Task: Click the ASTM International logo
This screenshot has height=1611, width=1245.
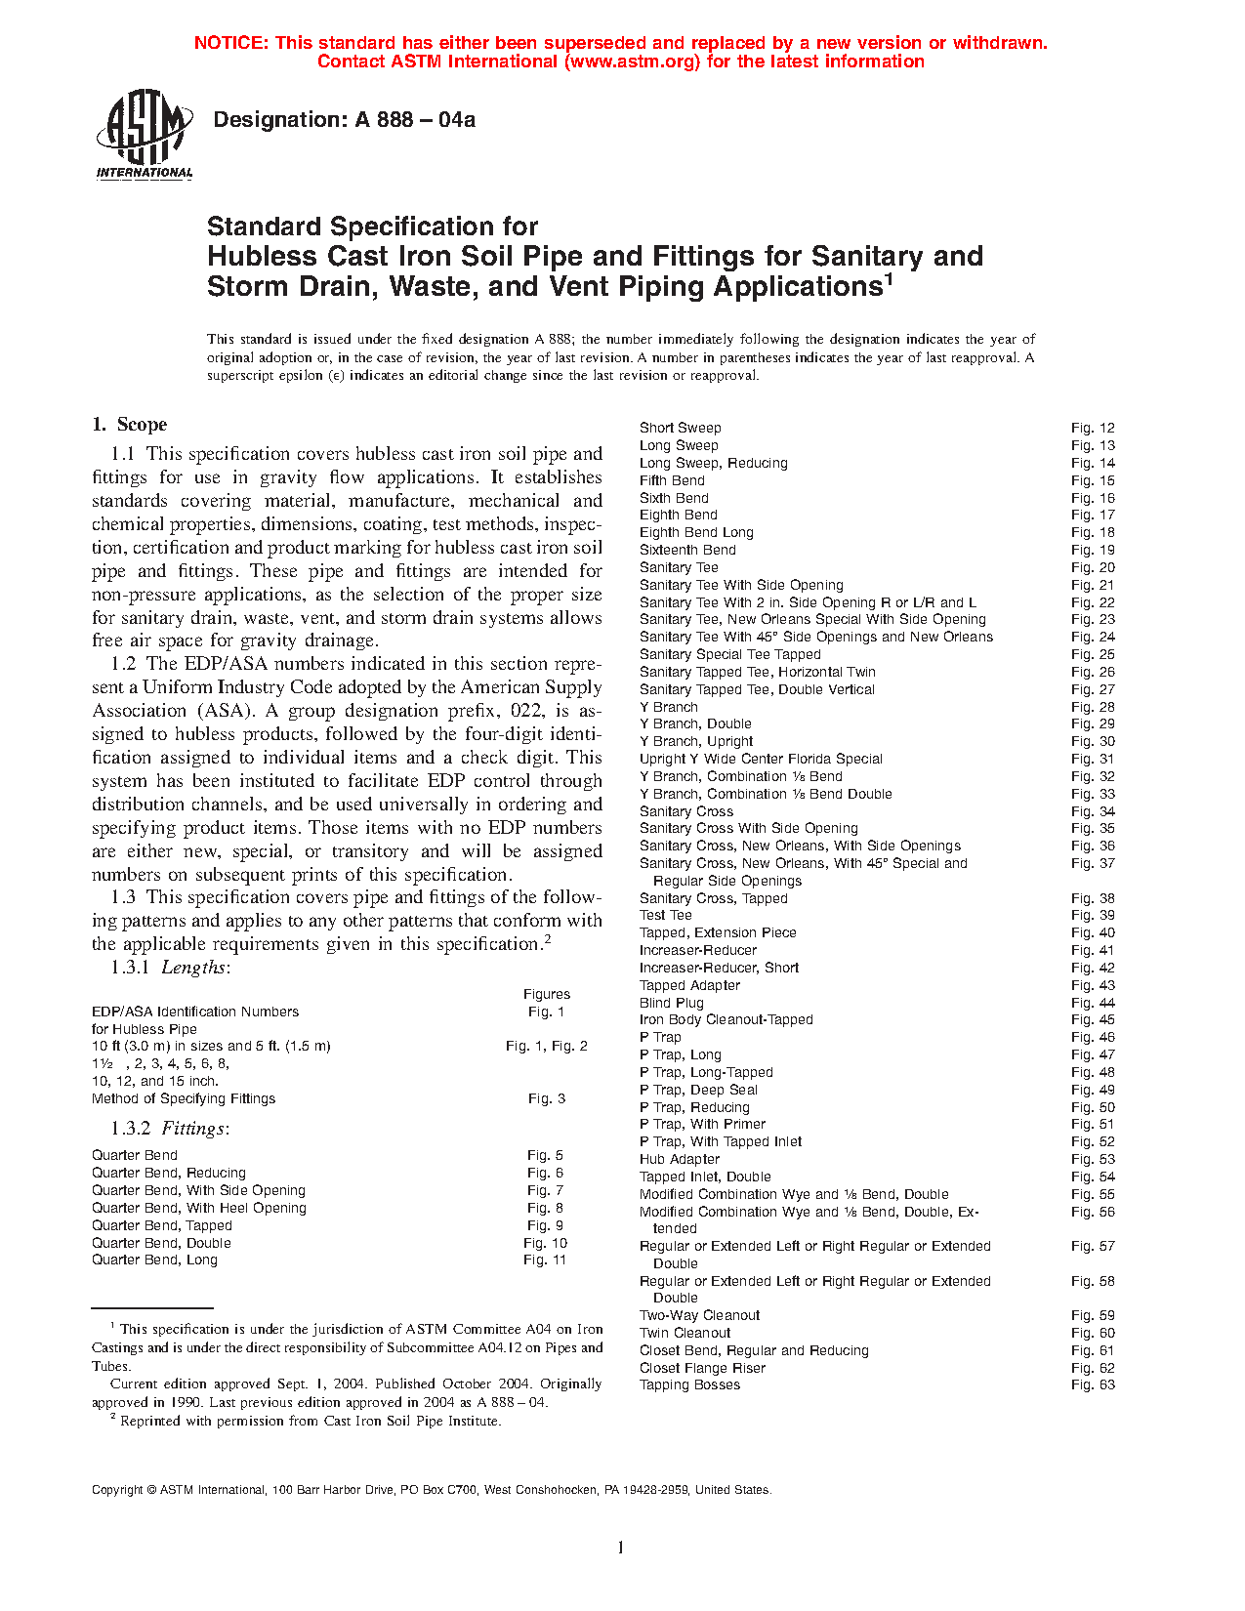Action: pyautogui.click(x=145, y=134)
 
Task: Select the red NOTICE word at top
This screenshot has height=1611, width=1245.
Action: pyautogui.click(x=230, y=43)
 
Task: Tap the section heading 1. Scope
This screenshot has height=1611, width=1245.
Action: pyautogui.click(x=130, y=425)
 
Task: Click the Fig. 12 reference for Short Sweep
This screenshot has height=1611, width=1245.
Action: pyautogui.click(x=1092, y=428)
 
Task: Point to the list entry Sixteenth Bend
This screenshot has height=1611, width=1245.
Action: pyautogui.click(x=687, y=550)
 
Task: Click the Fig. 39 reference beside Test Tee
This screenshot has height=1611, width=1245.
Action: pyautogui.click(x=1092, y=915)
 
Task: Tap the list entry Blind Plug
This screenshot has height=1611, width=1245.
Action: pyautogui.click(x=671, y=1003)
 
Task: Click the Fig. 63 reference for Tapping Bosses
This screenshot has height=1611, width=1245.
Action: pyautogui.click(x=1092, y=1384)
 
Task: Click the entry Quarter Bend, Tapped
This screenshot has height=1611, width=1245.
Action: pyautogui.click(x=162, y=1225)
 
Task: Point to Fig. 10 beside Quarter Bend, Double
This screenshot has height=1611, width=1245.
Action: pyautogui.click(x=545, y=1243)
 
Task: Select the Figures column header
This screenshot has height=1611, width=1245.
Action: pyautogui.click(x=547, y=994)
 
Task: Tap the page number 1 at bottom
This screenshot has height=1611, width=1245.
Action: pyautogui.click(x=620, y=1548)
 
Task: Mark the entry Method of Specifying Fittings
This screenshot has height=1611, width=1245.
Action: pyautogui.click(x=184, y=1098)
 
